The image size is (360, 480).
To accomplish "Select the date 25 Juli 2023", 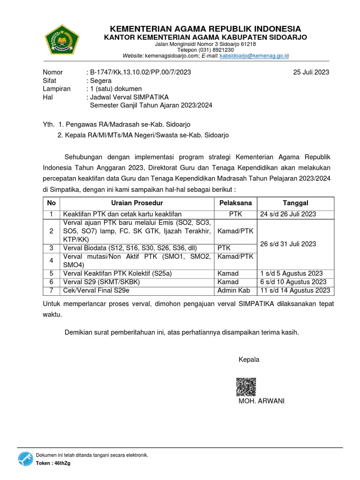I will click(311, 72).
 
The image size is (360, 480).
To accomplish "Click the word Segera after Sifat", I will click(101, 80).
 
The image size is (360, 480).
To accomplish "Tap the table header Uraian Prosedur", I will click(137, 203).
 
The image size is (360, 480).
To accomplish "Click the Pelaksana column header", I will click(235, 203).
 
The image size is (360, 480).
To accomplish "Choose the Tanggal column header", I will click(295, 203).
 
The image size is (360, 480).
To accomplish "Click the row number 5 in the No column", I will click(51, 273).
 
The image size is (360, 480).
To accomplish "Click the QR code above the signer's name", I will click(246, 387).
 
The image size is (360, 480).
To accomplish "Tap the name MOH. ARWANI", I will click(262, 401).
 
